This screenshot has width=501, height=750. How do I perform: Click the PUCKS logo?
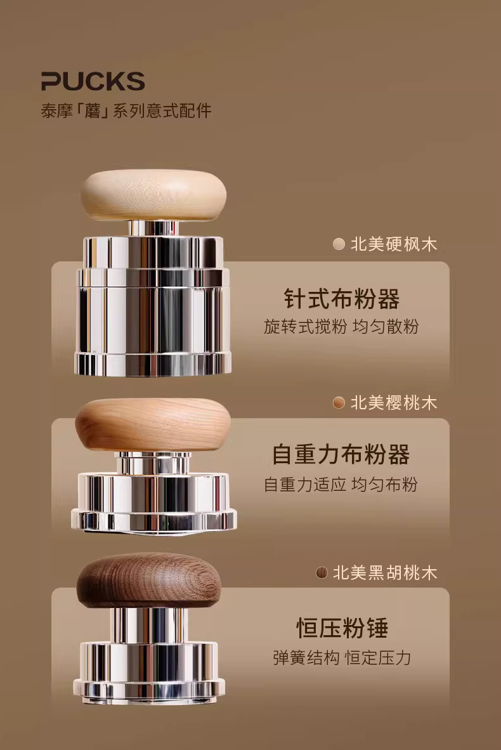(x=93, y=81)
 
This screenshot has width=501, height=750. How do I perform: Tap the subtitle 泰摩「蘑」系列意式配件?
(x=126, y=111)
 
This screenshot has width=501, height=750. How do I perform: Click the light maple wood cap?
(x=153, y=195)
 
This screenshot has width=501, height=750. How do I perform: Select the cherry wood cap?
(x=153, y=425)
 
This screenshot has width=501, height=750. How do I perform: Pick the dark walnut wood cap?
(x=148, y=580)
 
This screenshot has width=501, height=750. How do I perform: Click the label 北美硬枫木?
(x=394, y=244)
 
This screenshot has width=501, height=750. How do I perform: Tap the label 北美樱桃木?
(x=394, y=403)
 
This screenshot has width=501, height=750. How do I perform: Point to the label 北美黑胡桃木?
(x=385, y=572)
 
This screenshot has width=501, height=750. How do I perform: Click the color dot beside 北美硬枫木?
(x=339, y=244)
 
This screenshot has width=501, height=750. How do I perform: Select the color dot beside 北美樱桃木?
(x=339, y=403)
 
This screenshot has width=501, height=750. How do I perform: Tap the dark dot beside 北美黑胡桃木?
(x=322, y=572)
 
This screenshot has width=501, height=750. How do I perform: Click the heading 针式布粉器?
(x=342, y=298)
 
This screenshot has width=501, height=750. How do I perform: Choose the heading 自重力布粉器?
(x=341, y=454)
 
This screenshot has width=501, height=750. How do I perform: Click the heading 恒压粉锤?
(x=342, y=628)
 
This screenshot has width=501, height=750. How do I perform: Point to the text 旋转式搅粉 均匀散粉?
(x=341, y=327)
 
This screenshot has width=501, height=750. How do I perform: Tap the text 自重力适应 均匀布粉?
(x=341, y=485)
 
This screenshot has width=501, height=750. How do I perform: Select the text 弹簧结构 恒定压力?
(x=342, y=658)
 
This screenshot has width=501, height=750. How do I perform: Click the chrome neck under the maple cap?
(x=153, y=228)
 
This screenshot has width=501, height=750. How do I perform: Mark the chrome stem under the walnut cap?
(x=149, y=625)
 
